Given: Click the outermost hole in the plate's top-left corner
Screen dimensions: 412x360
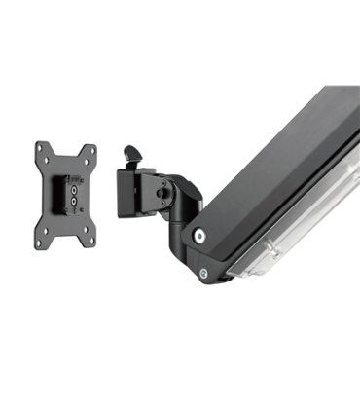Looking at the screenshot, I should pyautogui.click(x=40, y=147).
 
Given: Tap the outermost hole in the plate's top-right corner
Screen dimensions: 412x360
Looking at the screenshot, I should pyautogui.click(x=92, y=147).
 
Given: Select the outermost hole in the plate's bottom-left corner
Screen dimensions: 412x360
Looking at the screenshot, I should pyautogui.click(x=40, y=241).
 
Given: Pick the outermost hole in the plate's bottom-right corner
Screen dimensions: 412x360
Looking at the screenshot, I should pyautogui.click(x=92, y=241).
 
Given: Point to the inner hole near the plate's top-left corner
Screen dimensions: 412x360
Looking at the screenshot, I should pyautogui.click(x=50, y=159).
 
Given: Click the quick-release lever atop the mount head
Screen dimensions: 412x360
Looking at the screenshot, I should pyautogui.click(x=133, y=156).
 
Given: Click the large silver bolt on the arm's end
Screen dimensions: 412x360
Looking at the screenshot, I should pyautogui.click(x=199, y=235).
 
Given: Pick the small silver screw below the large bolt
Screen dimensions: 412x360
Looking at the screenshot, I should pyautogui.click(x=203, y=274).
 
